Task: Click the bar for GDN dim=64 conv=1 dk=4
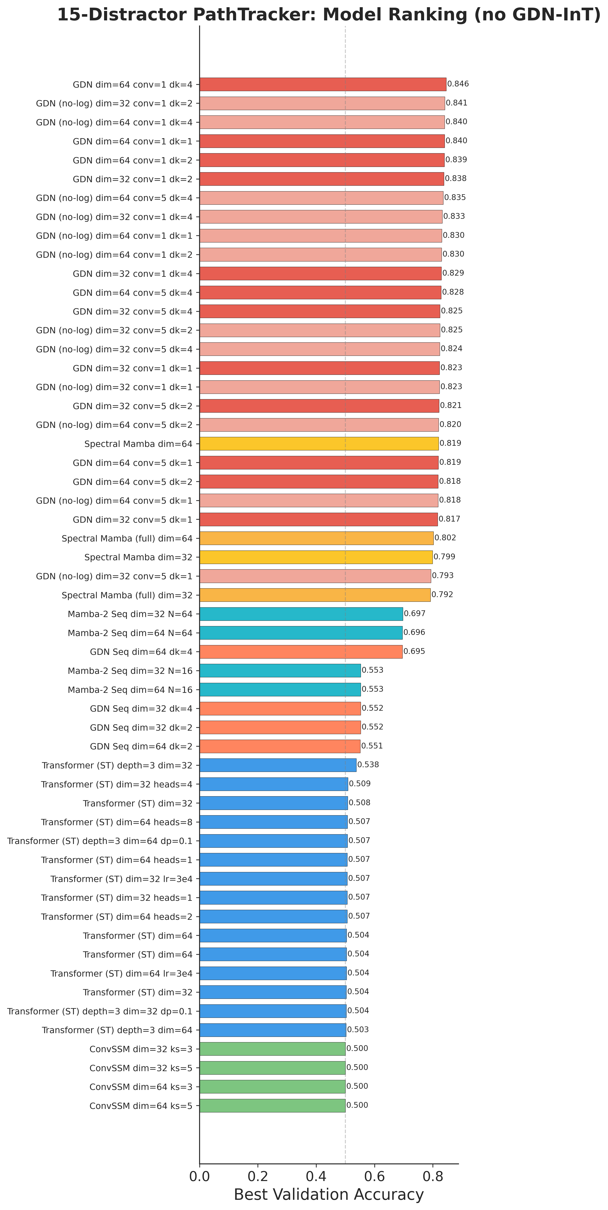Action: point(323,85)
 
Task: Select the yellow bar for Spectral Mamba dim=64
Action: point(318,443)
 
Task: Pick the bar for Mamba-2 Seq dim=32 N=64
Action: point(301,614)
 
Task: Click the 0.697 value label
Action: point(414,613)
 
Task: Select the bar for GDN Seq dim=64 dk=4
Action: point(301,652)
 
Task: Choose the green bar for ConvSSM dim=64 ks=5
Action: point(273,1106)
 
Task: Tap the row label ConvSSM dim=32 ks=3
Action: point(141,1049)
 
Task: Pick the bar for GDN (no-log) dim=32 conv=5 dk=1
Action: point(315,576)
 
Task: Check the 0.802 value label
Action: point(445,538)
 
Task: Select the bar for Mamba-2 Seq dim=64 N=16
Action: point(280,690)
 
